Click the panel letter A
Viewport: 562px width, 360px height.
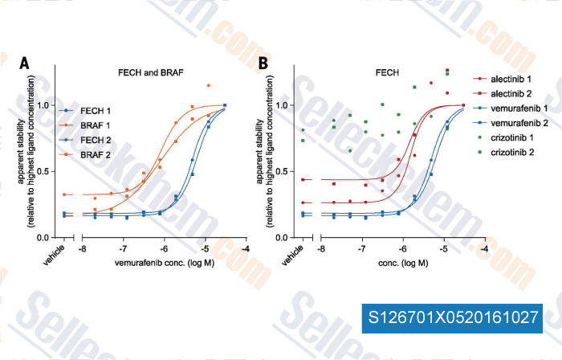(x=26, y=63)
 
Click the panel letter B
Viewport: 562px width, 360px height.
(x=262, y=63)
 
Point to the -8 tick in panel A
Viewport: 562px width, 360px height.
(x=83, y=250)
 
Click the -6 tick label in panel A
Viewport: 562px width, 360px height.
(x=164, y=250)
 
